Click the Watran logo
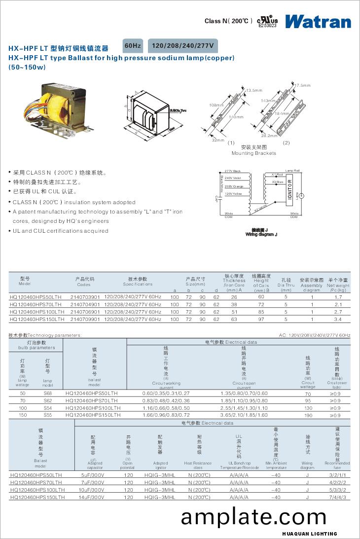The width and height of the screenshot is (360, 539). pyautogui.click(x=318, y=21)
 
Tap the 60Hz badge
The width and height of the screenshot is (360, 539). pyautogui.click(x=133, y=46)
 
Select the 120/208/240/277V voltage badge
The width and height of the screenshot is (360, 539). pyautogui.click(x=183, y=46)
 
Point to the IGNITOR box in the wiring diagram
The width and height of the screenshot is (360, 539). pyautogui.click(x=290, y=189)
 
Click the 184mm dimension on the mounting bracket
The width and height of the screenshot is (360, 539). pyautogui.click(x=282, y=113)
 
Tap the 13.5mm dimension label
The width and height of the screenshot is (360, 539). pyautogui.click(x=253, y=90)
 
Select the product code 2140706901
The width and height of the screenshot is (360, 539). pyautogui.click(x=85, y=312)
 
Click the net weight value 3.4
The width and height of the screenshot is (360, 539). pyautogui.click(x=338, y=320)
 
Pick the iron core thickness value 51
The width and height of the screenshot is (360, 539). pyautogui.click(x=234, y=312)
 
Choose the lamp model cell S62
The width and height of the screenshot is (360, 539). pyautogui.click(x=47, y=400)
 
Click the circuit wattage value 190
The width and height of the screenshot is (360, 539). pyautogui.click(x=308, y=415)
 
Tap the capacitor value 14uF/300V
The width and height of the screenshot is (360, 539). pyautogui.click(x=93, y=498)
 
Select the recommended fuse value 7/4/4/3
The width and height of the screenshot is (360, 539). pyautogui.click(x=337, y=498)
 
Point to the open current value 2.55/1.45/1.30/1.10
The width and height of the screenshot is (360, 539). pyautogui.click(x=244, y=408)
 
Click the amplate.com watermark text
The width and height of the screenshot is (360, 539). pyautogui.click(x=253, y=517)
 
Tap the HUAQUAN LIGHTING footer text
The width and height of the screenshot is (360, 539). pyautogui.click(x=310, y=534)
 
